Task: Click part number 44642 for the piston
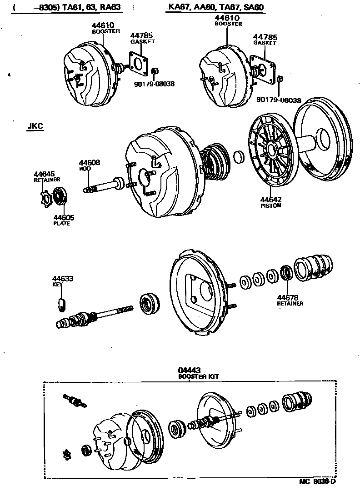click(270, 199)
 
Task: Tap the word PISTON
click(270, 205)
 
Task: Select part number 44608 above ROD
click(89, 162)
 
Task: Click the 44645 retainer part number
click(44, 174)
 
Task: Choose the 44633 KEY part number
click(62, 279)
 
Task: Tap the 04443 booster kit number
click(190, 371)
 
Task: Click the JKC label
click(35, 127)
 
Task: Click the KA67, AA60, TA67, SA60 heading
click(216, 7)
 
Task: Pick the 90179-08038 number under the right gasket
click(278, 100)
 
